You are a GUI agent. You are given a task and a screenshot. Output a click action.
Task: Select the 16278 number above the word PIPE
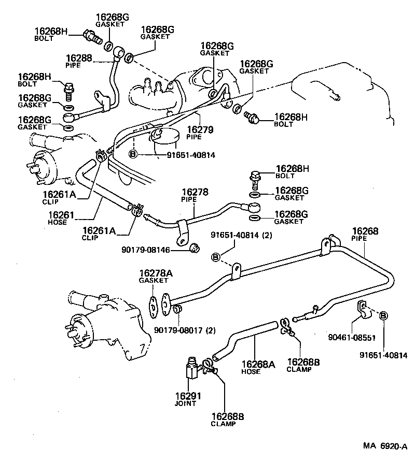point(194,192)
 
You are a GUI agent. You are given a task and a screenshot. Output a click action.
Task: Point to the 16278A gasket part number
point(154,272)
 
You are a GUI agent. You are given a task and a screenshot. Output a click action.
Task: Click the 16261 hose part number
point(62,214)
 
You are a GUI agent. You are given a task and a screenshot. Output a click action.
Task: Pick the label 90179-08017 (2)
point(185,330)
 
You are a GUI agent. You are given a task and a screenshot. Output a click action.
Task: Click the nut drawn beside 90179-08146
point(196,248)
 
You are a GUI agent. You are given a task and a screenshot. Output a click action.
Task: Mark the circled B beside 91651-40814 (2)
point(216,257)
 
